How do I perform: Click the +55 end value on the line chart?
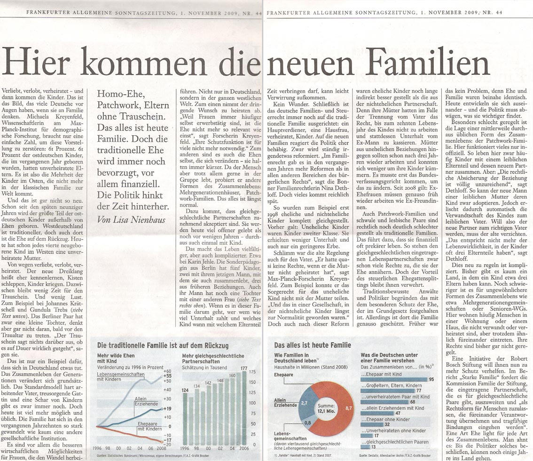pyautogui.click(x=167, y=377)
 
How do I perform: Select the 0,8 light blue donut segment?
pyautogui.click(x=307, y=423)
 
